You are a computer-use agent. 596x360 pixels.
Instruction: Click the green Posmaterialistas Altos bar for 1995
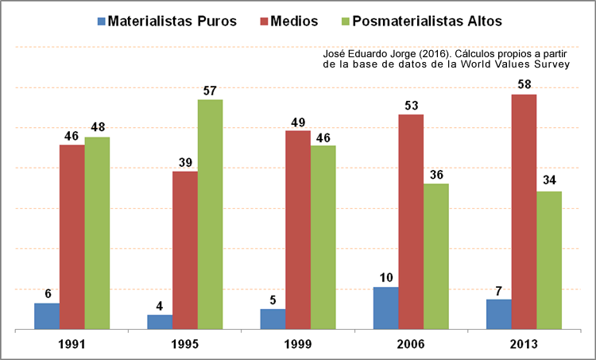(x=210, y=214)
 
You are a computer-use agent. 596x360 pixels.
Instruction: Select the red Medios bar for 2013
(x=524, y=211)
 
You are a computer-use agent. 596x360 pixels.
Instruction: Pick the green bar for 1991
(x=97, y=233)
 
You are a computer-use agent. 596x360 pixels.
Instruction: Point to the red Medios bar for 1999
(x=298, y=230)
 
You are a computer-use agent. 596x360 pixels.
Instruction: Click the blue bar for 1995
(x=160, y=321)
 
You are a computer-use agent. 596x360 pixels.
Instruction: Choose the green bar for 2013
(x=549, y=260)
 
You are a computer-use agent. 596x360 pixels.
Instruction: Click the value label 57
(x=210, y=90)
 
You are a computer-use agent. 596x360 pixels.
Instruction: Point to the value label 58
(x=524, y=84)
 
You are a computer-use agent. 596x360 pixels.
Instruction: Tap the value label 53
(x=411, y=104)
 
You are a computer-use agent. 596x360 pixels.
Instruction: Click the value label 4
(x=160, y=304)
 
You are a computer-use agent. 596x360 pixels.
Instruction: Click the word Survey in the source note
(x=553, y=64)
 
